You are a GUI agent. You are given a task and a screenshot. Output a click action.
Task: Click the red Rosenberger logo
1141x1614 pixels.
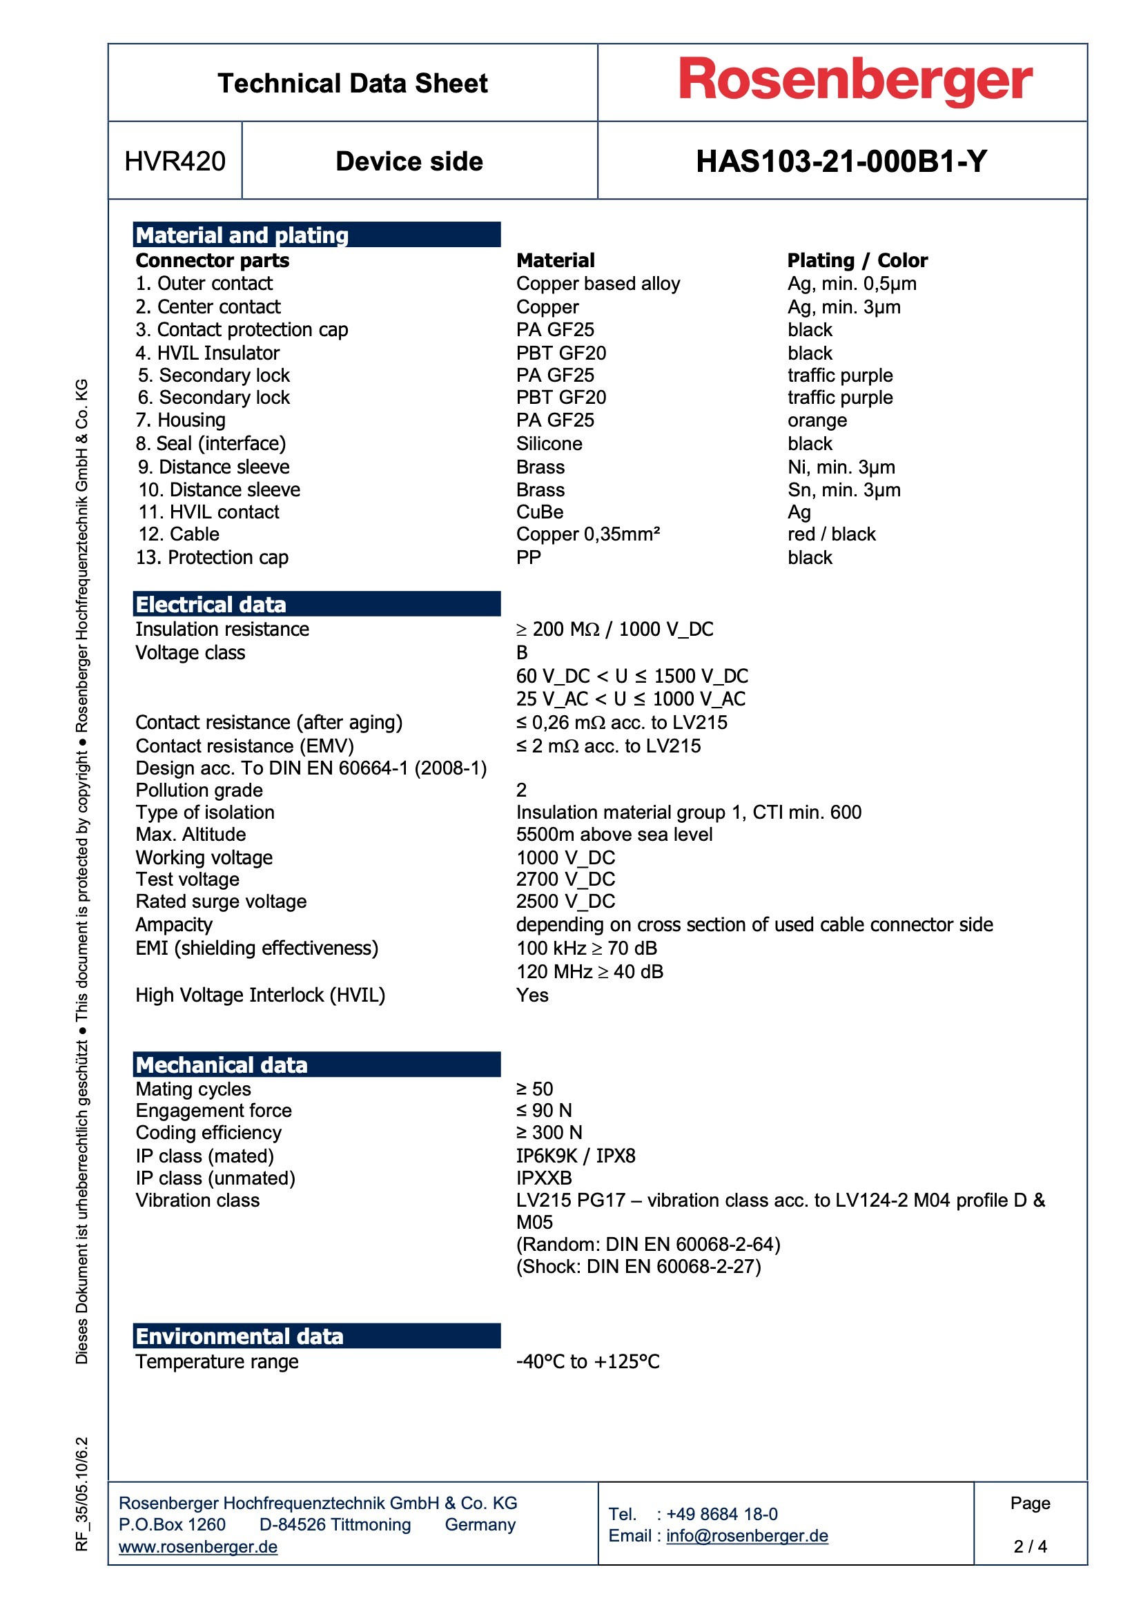[x=854, y=81]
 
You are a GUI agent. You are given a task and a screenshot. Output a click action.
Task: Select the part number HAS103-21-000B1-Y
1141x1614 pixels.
[x=841, y=162]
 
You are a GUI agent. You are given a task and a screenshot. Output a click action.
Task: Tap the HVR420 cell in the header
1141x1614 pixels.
[x=175, y=162]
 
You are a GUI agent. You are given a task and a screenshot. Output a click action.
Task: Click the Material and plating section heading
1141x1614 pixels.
[x=242, y=235]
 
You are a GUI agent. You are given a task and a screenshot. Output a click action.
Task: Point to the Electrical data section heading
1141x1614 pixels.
[x=211, y=605]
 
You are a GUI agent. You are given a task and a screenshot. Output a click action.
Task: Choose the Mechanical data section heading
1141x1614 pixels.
[x=222, y=1065]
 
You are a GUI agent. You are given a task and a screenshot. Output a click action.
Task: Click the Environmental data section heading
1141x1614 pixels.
[x=239, y=1336]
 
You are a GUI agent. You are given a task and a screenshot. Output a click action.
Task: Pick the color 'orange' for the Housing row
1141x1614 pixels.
[x=817, y=420]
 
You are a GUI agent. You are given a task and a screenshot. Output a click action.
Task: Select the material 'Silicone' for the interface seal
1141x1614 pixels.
[x=549, y=444]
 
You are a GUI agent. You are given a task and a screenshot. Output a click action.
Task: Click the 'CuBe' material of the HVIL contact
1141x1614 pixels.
[x=539, y=512]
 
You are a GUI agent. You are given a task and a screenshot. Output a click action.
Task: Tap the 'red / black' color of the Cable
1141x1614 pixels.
[x=831, y=534]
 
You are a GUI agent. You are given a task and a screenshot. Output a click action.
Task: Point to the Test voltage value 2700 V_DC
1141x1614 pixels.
[x=565, y=879]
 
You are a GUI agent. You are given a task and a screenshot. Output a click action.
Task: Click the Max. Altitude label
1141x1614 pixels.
[x=191, y=835]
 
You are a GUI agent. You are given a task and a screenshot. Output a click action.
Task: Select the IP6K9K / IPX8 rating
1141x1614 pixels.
[x=575, y=1156]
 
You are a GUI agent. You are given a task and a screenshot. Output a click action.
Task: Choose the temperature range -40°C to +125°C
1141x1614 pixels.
[x=587, y=1361]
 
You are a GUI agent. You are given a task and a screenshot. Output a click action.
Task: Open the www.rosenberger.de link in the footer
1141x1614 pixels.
[x=197, y=1547]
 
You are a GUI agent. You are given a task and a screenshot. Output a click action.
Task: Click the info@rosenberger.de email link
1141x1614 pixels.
[x=747, y=1536]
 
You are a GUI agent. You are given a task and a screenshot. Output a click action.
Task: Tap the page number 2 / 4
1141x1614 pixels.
[x=1029, y=1546]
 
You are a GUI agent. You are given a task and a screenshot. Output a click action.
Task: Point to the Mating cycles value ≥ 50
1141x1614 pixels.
[x=534, y=1089]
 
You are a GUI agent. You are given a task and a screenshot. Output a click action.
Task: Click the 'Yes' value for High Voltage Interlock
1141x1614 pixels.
[x=532, y=995]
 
